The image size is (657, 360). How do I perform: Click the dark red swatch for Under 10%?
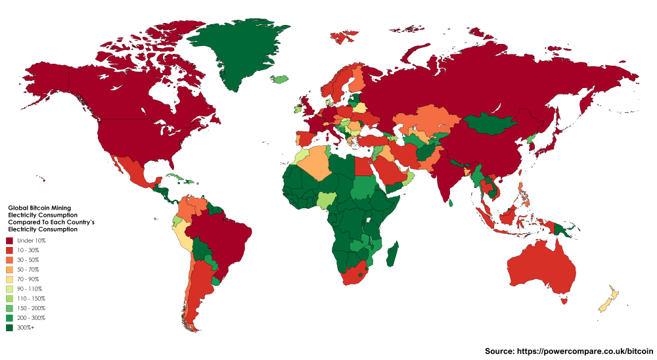pyautogui.click(x=9, y=241)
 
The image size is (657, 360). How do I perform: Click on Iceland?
pyautogui.click(x=280, y=79)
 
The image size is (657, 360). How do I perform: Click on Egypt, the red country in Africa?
pyautogui.click(x=364, y=167)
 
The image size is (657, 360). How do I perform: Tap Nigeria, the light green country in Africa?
pyautogui.click(x=327, y=200)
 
